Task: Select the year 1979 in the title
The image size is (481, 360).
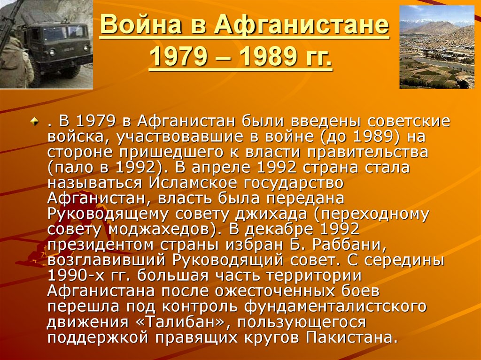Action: click(178, 57)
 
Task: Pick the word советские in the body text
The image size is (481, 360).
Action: click(409, 121)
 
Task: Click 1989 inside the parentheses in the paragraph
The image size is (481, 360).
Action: click(373, 137)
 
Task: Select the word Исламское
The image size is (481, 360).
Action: click(193, 183)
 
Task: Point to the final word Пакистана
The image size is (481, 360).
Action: click(349, 337)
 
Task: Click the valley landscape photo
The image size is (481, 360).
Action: click(437, 47)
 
